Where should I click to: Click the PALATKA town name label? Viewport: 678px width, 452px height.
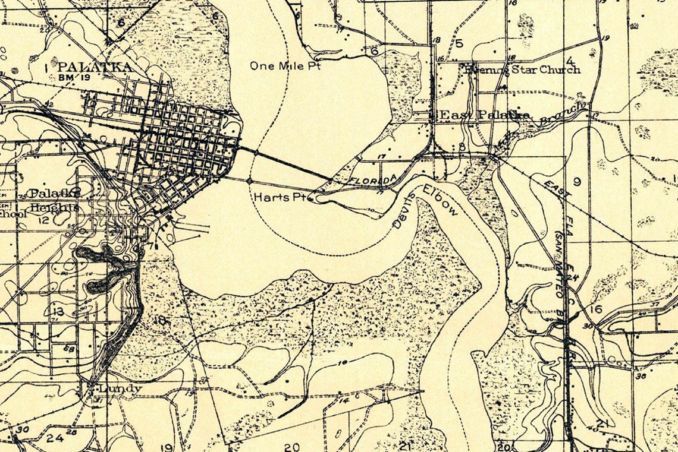[x=95, y=67]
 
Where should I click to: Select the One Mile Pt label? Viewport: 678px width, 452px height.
[x=285, y=66]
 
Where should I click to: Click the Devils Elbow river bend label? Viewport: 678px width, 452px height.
[x=425, y=206]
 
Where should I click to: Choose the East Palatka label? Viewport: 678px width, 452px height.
[x=484, y=115]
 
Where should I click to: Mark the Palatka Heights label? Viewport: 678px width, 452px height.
[x=54, y=200]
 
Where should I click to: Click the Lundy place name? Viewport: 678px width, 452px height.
[x=120, y=389]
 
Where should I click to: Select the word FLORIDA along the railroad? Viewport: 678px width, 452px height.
[x=372, y=179]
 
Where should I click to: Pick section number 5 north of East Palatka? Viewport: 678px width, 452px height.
[x=459, y=43]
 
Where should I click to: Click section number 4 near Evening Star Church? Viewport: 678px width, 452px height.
[x=570, y=61]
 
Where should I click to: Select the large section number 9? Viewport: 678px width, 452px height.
[x=576, y=182]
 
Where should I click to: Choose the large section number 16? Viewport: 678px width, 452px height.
[x=597, y=309]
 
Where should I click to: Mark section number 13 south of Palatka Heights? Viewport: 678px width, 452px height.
[x=58, y=312]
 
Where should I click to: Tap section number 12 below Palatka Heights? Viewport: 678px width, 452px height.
[x=43, y=220]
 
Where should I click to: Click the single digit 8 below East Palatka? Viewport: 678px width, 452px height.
[x=462, y=147]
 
